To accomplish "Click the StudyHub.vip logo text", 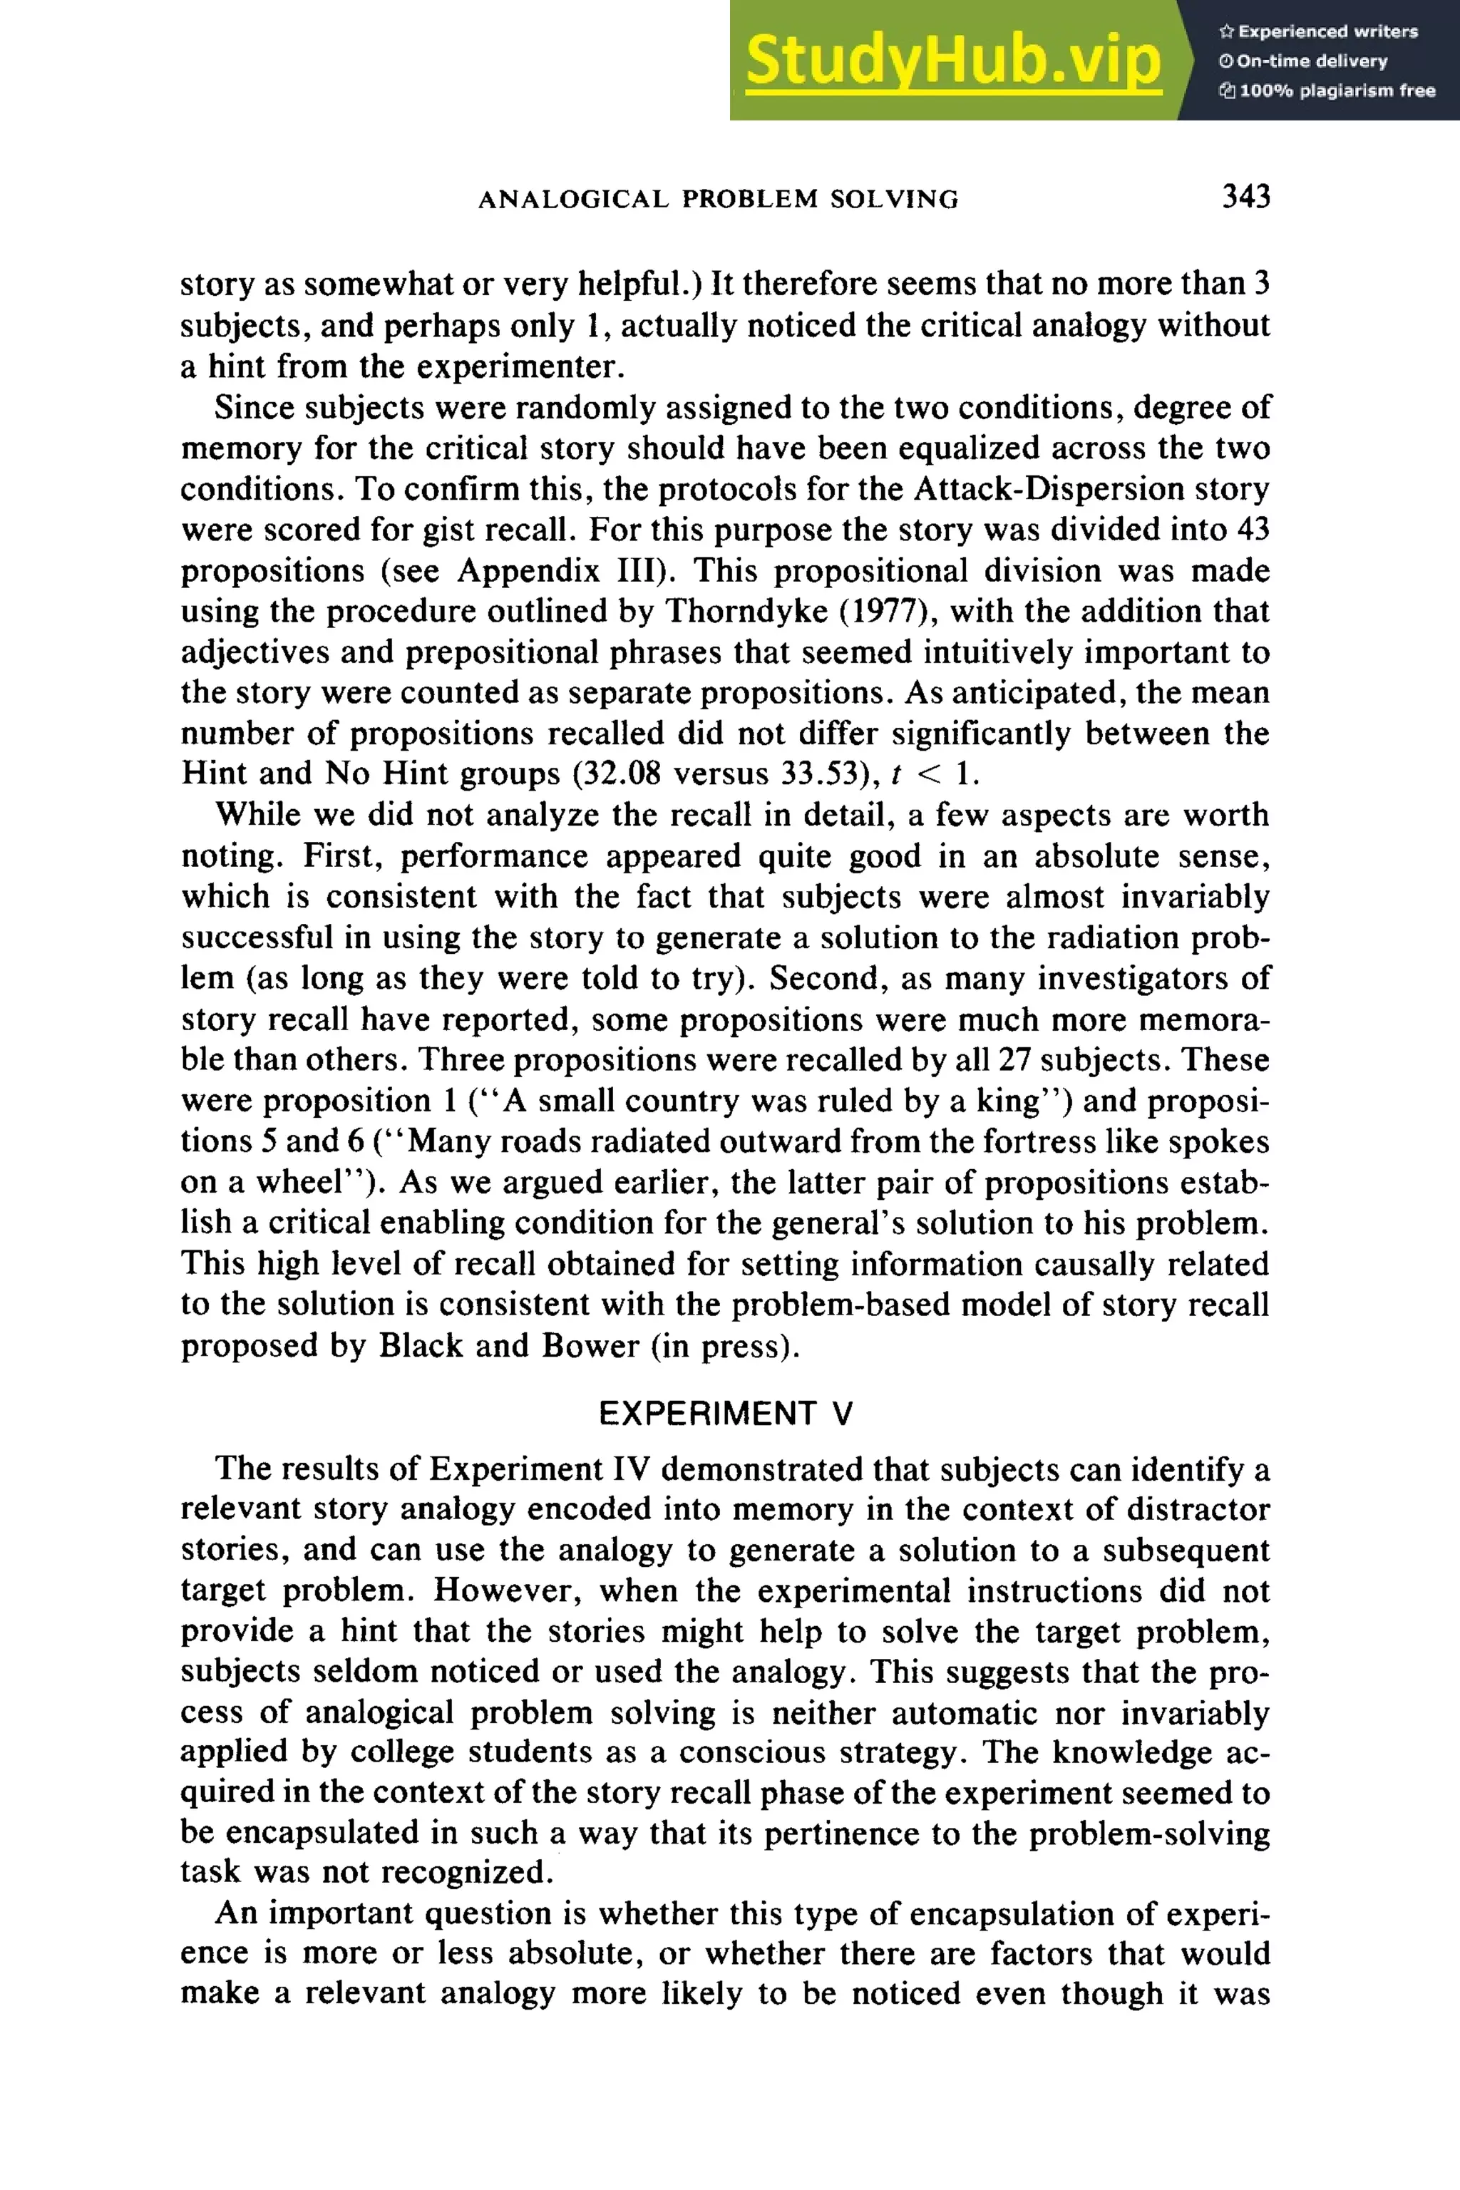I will click(x=952, y=61).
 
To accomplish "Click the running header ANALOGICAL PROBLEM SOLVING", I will click(x=718, y=200).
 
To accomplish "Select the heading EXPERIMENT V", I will click(x=725, y=1414).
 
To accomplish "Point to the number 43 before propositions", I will click(x=1253, y=530).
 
